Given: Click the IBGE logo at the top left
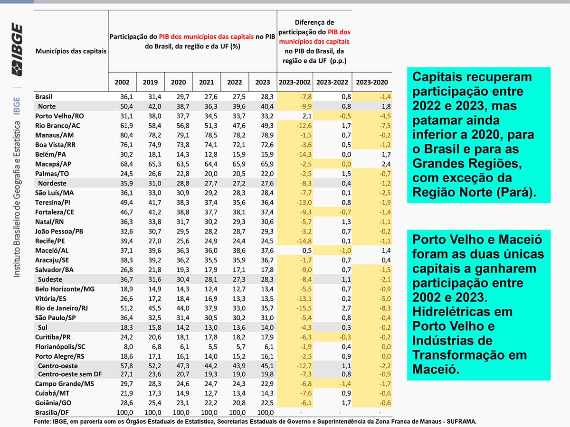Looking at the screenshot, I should pos(18,50).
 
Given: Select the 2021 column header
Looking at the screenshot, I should pos(207,82).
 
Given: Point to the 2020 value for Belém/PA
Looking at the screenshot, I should pos(179,154).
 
